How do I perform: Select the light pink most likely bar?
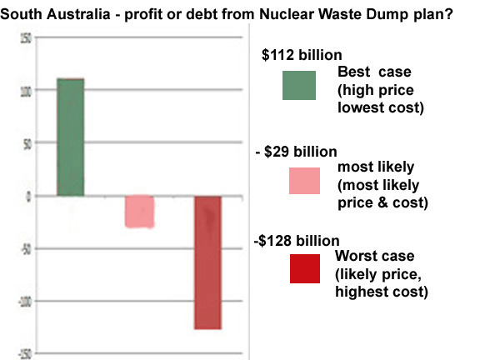point(139,212)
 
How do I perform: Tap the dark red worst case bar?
point(208,262)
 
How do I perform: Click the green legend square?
point(299,87)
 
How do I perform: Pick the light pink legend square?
point(304,181)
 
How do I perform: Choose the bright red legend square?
point(303,269)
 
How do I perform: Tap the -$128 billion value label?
point(296,241)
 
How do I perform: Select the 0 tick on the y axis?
point(28,197)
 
